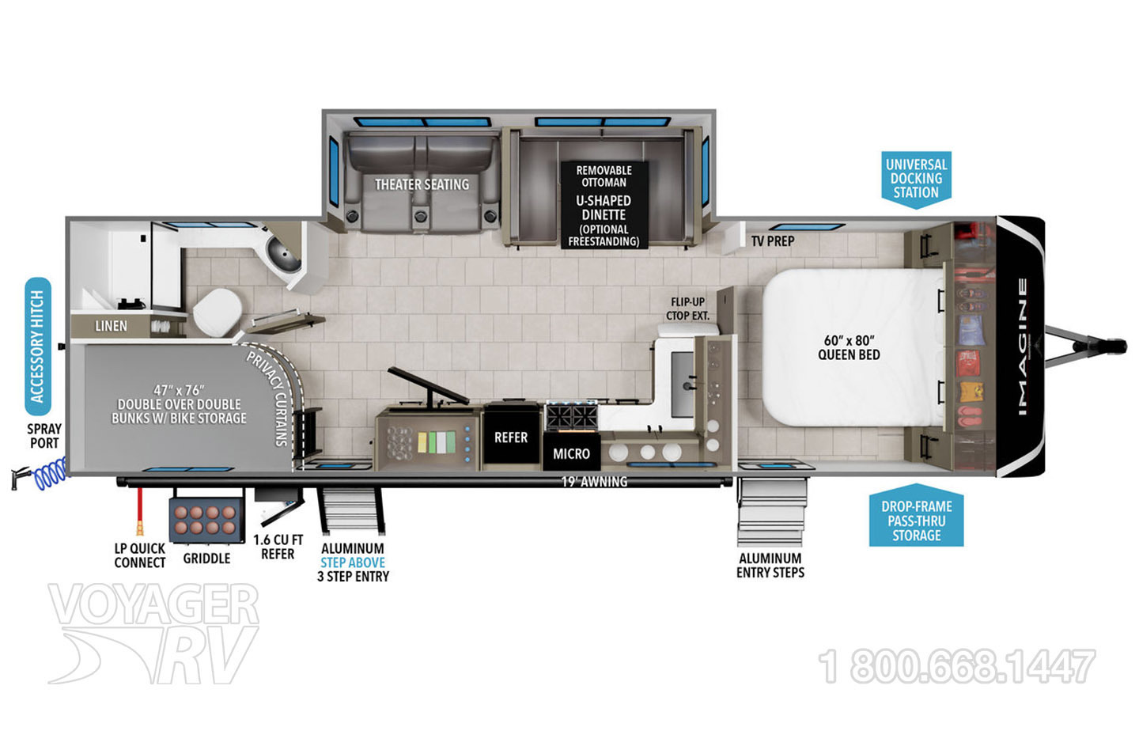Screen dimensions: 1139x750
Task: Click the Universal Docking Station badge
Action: click(916, 180)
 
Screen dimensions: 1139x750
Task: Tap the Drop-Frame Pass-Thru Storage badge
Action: click(916, 516)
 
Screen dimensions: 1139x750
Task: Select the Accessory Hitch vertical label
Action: click(38, 347)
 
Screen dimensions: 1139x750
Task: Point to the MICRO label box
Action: click(572, 453)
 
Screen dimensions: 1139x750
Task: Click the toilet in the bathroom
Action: click(218, 312)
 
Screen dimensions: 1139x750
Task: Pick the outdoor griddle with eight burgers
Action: click(206, 519)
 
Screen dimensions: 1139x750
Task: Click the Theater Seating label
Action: click(422, 184)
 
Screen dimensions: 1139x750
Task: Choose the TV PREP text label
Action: click(773, 241)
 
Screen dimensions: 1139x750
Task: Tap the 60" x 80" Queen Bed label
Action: click(849, 347)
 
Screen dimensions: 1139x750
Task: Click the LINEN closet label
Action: click(111, 326)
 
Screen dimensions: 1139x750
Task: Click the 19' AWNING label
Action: click(594, 482)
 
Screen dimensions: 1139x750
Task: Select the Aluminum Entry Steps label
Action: click(770, 566)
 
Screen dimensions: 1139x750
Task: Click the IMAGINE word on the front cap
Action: click(1023, 347)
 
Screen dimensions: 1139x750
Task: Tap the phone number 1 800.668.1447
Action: click(956, 666)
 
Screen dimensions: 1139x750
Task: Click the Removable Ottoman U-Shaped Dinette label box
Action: click(604, 206)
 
